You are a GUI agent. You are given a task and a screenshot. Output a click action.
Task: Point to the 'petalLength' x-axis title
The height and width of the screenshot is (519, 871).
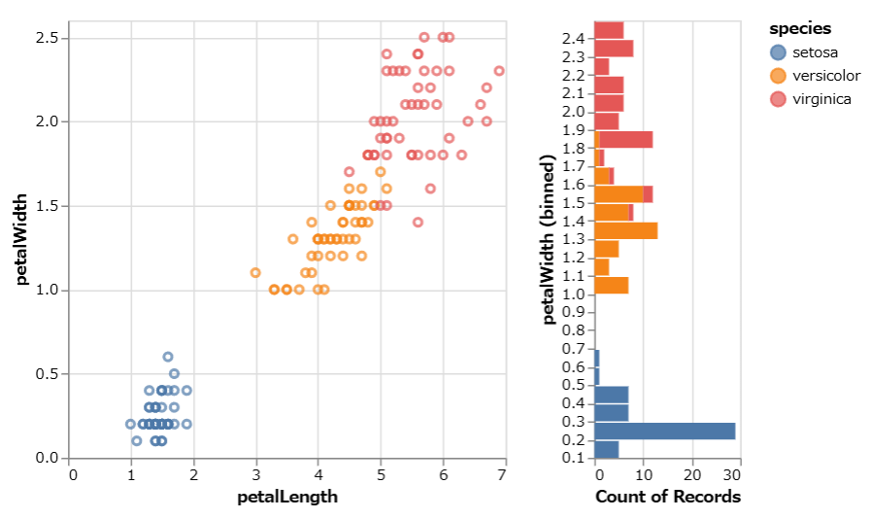coord(288,498)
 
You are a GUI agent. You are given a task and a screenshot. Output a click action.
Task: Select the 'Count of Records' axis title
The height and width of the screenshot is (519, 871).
coord(667,498)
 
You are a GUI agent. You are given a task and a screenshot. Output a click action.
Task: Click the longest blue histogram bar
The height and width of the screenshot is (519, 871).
coord(664,431)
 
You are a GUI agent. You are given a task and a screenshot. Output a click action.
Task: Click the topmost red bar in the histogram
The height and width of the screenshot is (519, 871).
coord(609,29)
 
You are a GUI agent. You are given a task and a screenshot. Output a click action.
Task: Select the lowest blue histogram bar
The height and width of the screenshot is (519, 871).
coord(606,449)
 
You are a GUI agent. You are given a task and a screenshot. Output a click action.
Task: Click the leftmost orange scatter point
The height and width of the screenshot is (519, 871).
coord(255,273)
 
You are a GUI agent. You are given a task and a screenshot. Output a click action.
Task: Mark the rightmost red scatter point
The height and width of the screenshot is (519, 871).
coord(499,71)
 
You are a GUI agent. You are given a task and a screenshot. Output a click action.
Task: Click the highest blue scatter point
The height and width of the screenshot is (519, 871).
coord(168,357)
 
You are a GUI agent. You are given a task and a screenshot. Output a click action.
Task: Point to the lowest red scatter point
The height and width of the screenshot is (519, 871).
coord(419,222)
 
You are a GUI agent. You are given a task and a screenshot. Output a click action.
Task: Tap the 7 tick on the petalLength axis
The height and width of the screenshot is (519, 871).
coord(502,474)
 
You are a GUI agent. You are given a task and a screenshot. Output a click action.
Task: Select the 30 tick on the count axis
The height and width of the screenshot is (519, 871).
coord(732,475)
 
